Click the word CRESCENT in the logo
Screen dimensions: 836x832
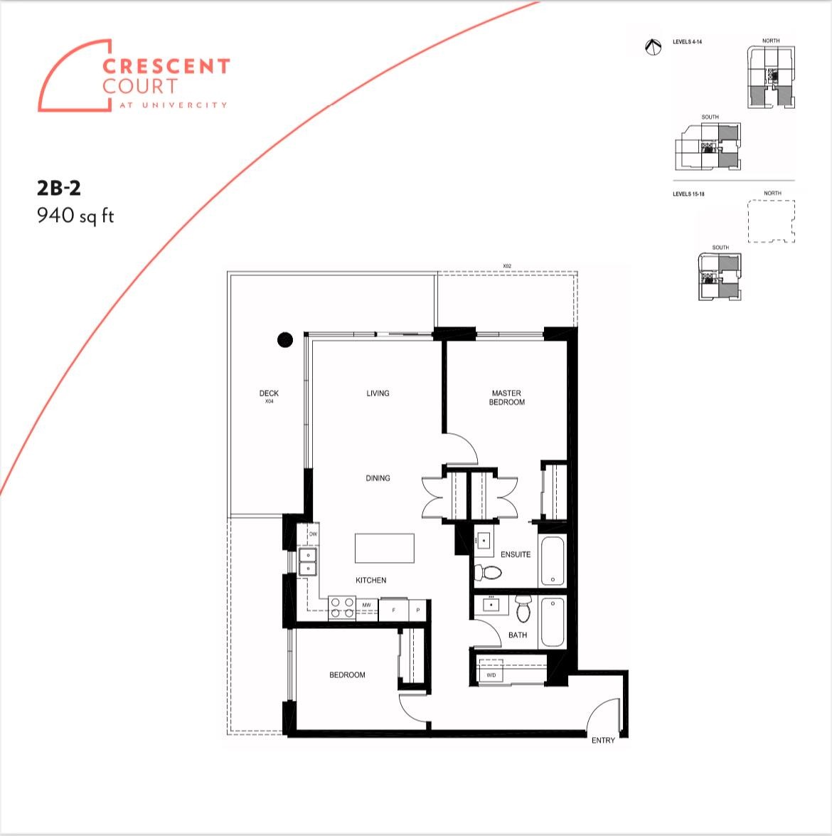[x=166, y=67]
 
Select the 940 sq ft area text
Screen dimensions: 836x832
[x=75, y=215]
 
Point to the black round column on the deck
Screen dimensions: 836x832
[x=284, y=340]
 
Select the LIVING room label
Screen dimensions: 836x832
[x=378, y=393]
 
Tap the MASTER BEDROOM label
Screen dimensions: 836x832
[x=506, y=398]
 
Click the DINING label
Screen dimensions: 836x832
[x=378, y=478]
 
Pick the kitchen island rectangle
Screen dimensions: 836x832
[x=384, y=548]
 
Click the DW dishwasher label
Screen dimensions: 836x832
[x=312, y=534]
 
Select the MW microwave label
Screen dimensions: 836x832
[x=367, y=605]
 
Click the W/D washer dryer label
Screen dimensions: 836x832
[x=491, y=674]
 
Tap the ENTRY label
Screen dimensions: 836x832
[x=603, y=741]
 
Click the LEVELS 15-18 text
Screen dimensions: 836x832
[x=688, y=194]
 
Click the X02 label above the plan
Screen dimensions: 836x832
[x=507, y=265]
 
